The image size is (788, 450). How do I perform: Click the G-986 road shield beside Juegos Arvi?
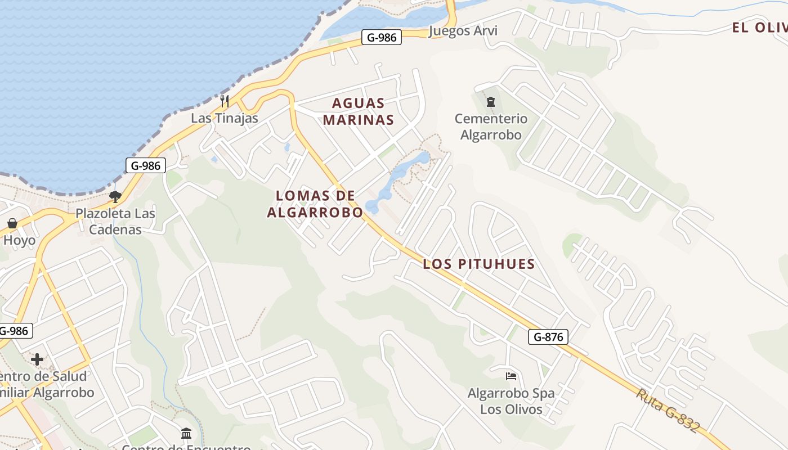coord(382,38)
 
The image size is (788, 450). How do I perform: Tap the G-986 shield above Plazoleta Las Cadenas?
coord(146,165)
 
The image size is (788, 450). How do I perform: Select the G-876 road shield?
coord(548,337)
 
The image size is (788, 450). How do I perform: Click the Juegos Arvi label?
coord(463,30)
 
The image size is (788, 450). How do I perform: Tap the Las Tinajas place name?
coord(224,118)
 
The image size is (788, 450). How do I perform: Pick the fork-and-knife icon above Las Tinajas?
coord(224,101)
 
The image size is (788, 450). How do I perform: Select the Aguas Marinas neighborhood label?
coord(359,111)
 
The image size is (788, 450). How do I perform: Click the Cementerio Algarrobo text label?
coord(491,127)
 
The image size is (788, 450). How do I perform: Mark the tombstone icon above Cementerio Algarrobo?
coord(491,102)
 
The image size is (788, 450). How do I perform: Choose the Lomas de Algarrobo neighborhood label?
coord(315,204)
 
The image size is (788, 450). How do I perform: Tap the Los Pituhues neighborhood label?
coord(478,264)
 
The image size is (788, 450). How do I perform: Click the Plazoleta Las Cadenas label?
coord(115,222)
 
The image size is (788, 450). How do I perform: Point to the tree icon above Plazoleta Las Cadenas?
coord(115,197)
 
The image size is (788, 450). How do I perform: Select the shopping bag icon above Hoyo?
coord(12,223)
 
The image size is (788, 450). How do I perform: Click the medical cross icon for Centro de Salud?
coord(37,359)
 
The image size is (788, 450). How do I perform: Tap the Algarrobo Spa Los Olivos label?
coord(511,401)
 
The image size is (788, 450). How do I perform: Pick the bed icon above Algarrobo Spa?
coord(511,376)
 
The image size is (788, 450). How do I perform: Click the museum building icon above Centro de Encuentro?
coord(186,433)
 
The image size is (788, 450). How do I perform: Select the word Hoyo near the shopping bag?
coord(19,241)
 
